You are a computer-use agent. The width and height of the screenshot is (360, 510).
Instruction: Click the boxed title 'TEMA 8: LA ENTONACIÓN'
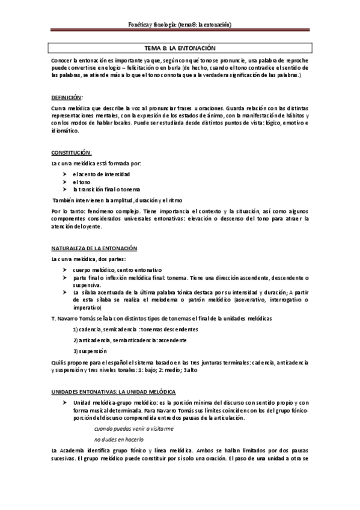[x=180, y=48]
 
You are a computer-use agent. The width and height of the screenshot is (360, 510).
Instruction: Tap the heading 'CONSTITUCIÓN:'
[x=71, y=153]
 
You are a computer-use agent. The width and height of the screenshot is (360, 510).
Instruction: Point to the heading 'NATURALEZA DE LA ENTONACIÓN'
[x=94, y=248]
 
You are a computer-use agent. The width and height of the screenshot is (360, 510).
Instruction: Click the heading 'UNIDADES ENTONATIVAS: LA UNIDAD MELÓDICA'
[x=112, y=392]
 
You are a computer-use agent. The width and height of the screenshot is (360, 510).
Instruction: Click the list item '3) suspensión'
[x=90, y=351]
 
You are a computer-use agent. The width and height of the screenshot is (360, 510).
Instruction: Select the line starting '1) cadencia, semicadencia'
[x=135, y=330]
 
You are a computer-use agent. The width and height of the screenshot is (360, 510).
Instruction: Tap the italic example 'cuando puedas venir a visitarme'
[x=134, y=429]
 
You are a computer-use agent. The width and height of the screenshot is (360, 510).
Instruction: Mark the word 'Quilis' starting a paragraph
[x=59, y=363]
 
